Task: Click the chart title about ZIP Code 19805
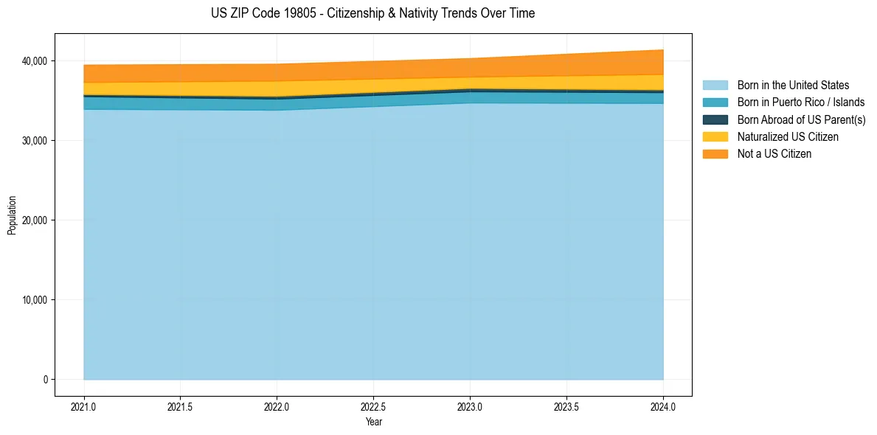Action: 372,13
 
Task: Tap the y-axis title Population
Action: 12,215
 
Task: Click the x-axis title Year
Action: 373,422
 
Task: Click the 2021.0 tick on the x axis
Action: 84,406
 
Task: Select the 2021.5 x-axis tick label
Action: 181,406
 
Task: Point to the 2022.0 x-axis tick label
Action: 277,406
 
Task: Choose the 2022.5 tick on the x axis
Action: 373,406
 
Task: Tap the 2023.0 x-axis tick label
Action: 470,406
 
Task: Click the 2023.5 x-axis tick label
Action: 566,406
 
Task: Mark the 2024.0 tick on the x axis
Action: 663,406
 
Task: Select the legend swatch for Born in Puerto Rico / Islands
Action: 715,102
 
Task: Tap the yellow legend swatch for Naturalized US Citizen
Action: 715,136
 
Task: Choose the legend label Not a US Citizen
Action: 774,154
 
